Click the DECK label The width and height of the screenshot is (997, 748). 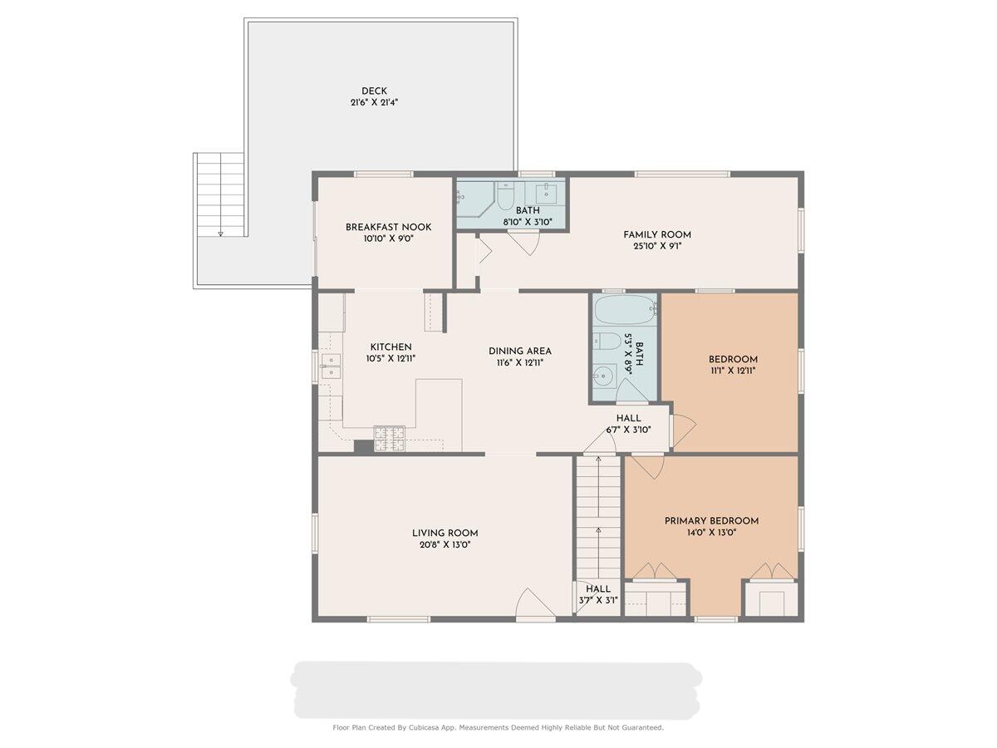tap(374, 91)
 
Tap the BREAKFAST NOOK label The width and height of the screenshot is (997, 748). tap(388, 227)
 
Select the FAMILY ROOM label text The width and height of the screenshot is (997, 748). tap(657, 235)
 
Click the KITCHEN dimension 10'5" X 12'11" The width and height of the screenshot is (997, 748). tap(390, 358)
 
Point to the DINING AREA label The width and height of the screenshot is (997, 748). tap(520, 351)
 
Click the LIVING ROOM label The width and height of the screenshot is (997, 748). tap(444, 534)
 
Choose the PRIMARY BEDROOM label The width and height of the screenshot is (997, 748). tap(711, 521)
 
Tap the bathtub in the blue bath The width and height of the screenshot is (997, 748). tap(625, 310)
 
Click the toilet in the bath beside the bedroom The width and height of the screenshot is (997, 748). tap(607, 341)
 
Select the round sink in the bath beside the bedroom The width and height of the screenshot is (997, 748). tap(603, 376)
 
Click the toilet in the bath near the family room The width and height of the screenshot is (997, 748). tap(504, 196)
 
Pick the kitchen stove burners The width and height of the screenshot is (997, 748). tap(390, 438)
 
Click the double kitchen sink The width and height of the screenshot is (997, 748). tap(332, 367)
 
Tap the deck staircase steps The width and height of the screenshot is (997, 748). tap(221, 194)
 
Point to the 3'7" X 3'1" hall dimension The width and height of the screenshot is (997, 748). tap(598, 600)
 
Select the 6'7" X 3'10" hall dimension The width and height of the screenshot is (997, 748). tap(629, 430)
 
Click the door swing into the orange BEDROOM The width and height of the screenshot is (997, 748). tap(684, 430)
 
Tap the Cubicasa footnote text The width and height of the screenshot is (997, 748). tap(498, 727)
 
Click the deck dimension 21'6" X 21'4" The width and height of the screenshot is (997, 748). tap(374, 102)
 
